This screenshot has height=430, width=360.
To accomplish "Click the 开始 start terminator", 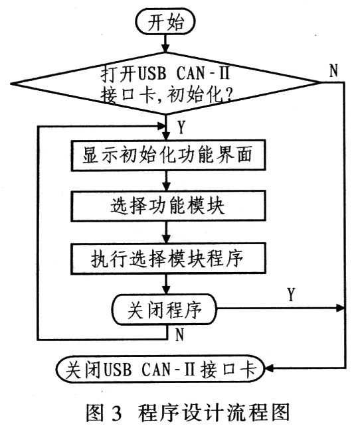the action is (165, 22).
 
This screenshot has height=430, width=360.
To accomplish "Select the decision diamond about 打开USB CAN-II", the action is (165, 83).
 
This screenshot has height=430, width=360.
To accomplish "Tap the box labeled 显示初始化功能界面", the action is (168, 155).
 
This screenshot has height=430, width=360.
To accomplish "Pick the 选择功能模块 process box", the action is (168, 206).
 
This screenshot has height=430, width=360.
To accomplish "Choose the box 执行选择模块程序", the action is (168, 258).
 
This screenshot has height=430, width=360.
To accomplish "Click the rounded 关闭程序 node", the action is (164, 310).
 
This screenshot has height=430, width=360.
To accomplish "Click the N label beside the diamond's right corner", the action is (333, 71).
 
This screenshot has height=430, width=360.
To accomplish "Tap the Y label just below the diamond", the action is (181, 127).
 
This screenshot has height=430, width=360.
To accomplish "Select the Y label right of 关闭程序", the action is (291, 295).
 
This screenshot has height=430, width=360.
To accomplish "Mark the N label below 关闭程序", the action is (179, 334).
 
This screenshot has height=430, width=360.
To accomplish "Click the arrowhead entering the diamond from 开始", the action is (165, 48).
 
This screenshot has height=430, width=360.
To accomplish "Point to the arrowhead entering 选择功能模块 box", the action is (166, 186).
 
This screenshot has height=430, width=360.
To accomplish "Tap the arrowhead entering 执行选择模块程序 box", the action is (166, 239).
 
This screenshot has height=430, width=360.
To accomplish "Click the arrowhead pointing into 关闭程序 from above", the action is (166, 290).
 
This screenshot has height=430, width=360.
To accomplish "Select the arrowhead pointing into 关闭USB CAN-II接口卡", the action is (270, 368).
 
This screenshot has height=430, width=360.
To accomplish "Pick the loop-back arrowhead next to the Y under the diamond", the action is (162, 127).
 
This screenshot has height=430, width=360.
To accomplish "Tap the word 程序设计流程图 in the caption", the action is (214, 413).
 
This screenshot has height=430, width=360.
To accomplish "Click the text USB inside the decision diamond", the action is (152, 74).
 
